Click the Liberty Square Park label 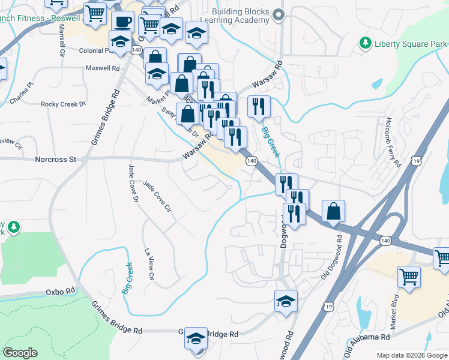click(x=411, y=44)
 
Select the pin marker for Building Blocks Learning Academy click(x=277, y=14)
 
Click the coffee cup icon click(x=122, y=22)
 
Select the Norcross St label click(x=56, y=160)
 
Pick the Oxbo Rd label click(x=60, y=292)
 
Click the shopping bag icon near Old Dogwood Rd click(x=334, y=212)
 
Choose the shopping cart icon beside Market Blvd click(x=409, y=278)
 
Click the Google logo click(x=20, y=353)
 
